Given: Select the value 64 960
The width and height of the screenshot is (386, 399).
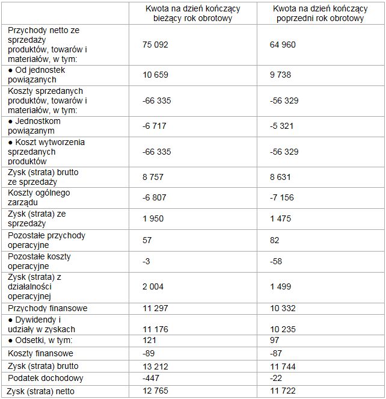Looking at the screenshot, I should (x=284, y=45).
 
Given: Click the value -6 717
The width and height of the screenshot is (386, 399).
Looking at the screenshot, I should (x=155, y=126).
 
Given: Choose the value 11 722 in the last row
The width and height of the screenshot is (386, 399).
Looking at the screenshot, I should (x=284, y=392).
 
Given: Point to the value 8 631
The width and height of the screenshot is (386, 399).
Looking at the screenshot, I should (x=282, y=177).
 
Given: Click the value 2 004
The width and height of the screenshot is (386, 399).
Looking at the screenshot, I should (x=153, y=286).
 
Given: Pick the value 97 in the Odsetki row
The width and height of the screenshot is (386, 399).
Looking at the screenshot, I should (x=277, y=341).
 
